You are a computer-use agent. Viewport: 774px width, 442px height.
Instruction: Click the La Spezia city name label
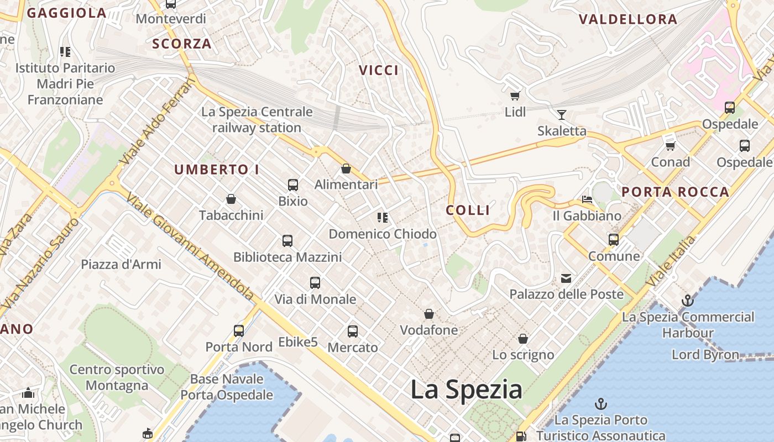pos(466,390)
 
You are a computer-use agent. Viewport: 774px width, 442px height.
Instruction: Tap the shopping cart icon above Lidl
pos(515,96)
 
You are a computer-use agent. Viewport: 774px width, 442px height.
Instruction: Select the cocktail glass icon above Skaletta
pos(562,115)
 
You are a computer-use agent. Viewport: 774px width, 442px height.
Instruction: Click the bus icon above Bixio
pos(293,185)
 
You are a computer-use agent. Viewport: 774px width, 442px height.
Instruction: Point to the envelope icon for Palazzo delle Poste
pos(566,278)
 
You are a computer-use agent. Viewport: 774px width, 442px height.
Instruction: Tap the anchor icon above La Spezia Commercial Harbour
pos(687,301)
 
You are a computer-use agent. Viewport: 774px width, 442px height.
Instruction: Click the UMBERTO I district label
pos(217,170)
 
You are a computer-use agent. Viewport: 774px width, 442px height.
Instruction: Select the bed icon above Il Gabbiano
pos(587,199)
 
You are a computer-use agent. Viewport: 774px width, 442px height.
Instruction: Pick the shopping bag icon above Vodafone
pos(429,314)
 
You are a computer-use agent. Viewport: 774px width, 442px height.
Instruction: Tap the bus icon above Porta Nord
pos(239,330)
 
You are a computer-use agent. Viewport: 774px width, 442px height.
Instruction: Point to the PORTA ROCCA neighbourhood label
pos(675,192)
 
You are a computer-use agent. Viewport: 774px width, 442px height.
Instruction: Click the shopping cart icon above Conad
pos(671,146)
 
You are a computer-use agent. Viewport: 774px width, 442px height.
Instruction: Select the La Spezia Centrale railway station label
pos(257,120)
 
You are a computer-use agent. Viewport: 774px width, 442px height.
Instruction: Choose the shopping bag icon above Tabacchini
pos(231,198)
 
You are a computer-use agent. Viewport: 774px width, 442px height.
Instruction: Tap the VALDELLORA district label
pos(628,20)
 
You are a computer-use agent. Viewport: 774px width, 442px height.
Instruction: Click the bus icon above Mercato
pos(353,331)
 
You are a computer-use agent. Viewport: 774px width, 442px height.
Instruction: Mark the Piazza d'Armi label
pos(121,264)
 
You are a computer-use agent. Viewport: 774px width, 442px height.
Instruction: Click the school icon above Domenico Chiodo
pos(382,217)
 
